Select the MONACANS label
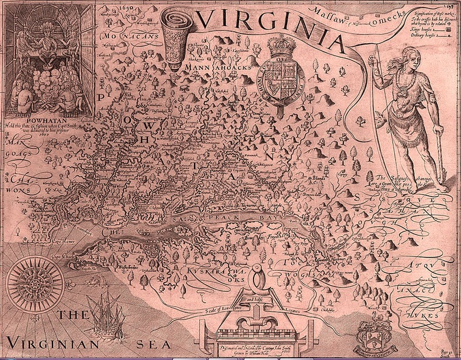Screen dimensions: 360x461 (123, 37)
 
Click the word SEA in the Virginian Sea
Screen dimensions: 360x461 (152, 344)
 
